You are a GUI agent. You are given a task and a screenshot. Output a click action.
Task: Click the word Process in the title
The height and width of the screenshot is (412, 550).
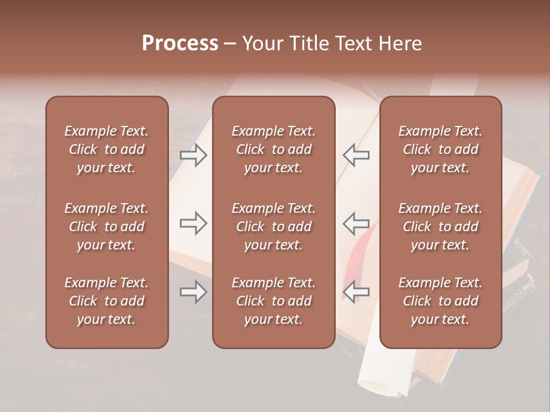(x=180, y=43)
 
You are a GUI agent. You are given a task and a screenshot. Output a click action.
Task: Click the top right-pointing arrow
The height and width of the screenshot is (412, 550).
(x=194, y=155)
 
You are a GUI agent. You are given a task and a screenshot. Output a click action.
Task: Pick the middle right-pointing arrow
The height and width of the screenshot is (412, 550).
(x=194, y=224)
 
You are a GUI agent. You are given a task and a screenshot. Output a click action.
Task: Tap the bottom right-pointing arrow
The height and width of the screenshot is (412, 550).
(x=194, y=292)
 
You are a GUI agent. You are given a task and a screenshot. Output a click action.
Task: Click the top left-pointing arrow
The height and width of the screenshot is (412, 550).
(x=356, y=155)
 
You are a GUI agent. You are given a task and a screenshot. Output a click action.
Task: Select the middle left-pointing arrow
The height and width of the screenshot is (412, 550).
(x=356, y=224)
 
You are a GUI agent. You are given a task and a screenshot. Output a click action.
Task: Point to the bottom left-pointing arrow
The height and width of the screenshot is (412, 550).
(x=356, y=292)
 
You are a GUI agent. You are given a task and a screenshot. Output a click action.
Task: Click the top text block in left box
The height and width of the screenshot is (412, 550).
(x=107, y=149)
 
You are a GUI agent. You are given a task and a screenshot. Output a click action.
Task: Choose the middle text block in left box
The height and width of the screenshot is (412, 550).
(x=107, y=227)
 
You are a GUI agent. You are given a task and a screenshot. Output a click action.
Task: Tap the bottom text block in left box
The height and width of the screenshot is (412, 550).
(x=107, y=301)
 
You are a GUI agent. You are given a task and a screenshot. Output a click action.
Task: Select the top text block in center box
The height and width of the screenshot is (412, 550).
(x=273, y=149)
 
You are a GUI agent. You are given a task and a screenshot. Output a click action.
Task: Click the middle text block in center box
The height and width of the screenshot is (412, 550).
(x=273, y=227)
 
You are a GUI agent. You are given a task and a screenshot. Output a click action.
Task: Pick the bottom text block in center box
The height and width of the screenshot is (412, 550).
(x=273, y=301)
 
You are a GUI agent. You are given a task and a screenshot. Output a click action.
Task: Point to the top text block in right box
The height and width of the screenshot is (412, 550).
(x=440, y=149)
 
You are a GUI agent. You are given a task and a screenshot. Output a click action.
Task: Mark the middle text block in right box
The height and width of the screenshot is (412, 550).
(x=440, y=227)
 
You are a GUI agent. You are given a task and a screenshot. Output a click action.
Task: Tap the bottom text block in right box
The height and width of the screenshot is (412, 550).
(x=440, y=301)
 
